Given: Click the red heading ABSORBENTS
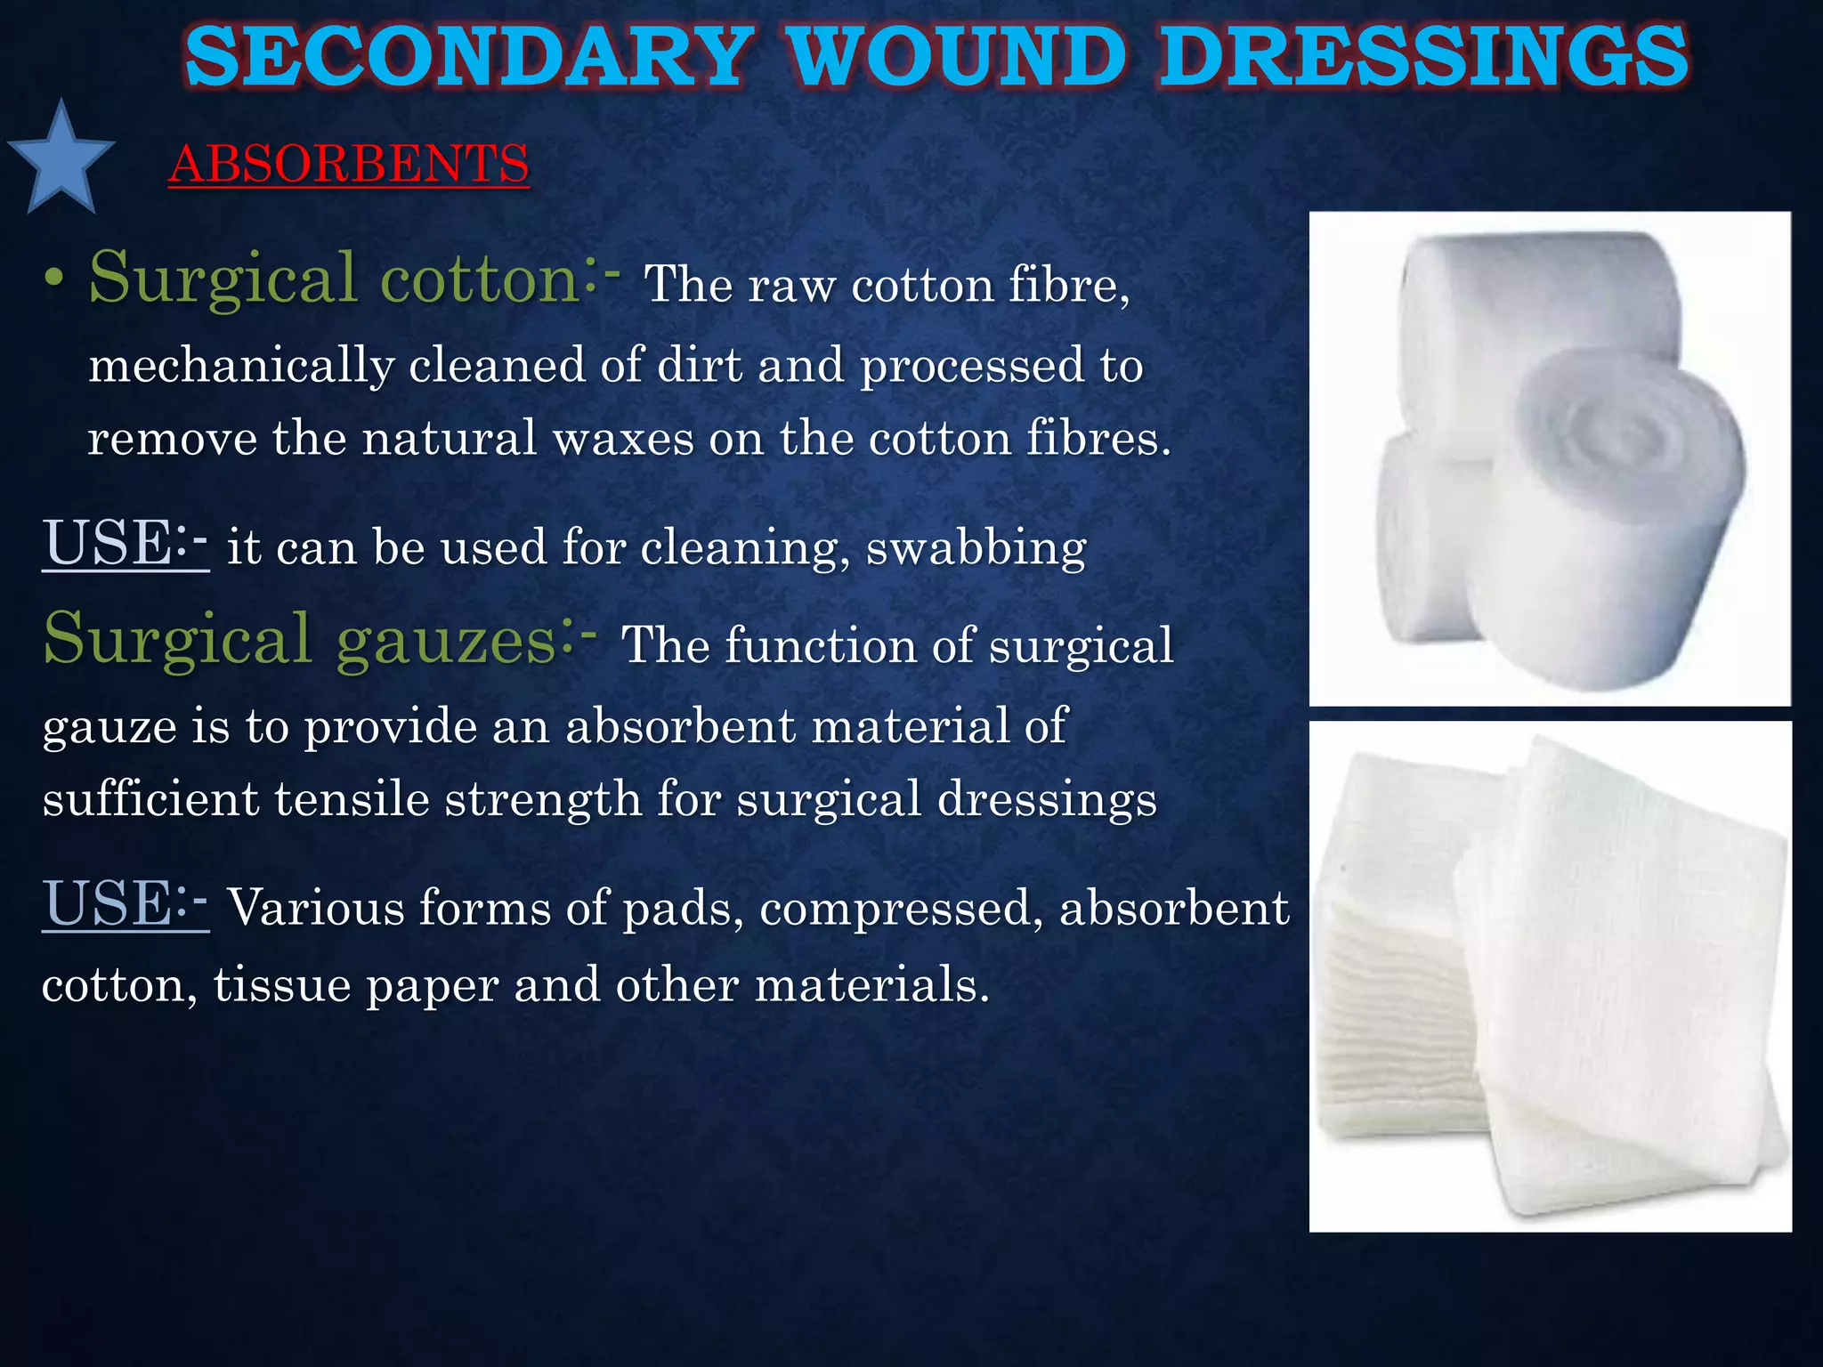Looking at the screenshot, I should [x=349, y=165].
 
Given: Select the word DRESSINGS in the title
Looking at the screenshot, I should [x=1424, y=57].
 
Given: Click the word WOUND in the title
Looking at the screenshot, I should [x=958, y=57].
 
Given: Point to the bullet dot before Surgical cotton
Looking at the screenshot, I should [x=54, y=281].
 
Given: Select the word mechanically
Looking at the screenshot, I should [x=241, y=367].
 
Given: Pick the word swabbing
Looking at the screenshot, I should [x=976, y=548].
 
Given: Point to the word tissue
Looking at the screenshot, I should [x=281, y=985].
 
